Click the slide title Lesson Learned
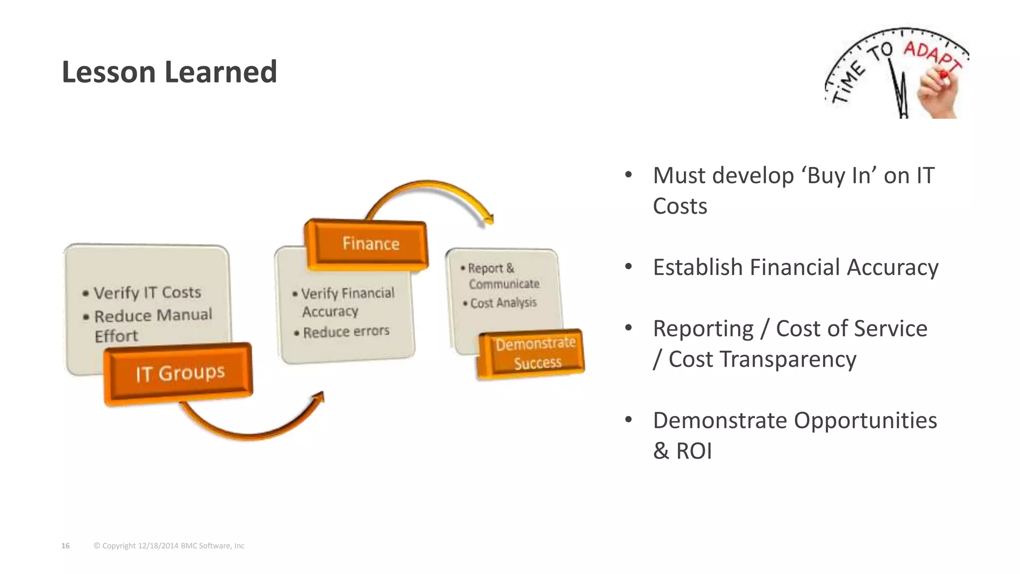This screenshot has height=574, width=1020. (x=169, y=72)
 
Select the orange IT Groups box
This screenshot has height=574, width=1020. (x=179, y=373)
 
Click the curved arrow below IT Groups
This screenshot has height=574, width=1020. (x=249, y=429)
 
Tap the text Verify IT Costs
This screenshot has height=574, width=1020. (x=147, y=292)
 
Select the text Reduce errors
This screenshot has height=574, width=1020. (x=346, y=332)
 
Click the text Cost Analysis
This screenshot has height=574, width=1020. (x=503, y=303)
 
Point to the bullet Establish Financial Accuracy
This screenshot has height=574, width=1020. (x=795, y=268)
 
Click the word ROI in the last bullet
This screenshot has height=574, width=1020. (x=693, y=451)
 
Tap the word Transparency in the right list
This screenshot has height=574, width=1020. (x=787, y=359)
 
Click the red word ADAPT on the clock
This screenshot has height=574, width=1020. (x=931, y=55)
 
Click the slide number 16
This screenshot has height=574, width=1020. (x=65, y=546)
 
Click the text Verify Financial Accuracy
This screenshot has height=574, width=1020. (x=347, y=302)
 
